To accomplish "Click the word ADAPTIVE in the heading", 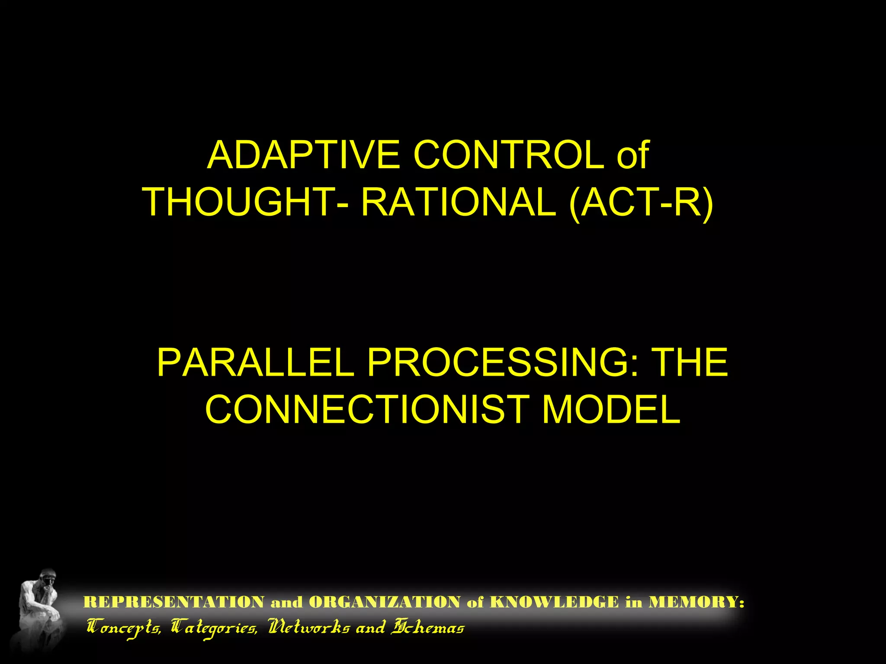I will point(304,155).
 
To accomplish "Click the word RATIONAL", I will point(458,202).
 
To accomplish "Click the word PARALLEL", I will point(255,362).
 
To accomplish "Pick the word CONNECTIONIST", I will point(367,409).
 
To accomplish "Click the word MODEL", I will point(611,409).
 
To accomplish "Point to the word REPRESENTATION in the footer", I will point(173,602).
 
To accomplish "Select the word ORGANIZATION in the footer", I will point(385,602).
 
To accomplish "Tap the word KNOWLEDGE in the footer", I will point(554,602).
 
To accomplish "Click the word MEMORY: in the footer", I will point(696,602).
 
